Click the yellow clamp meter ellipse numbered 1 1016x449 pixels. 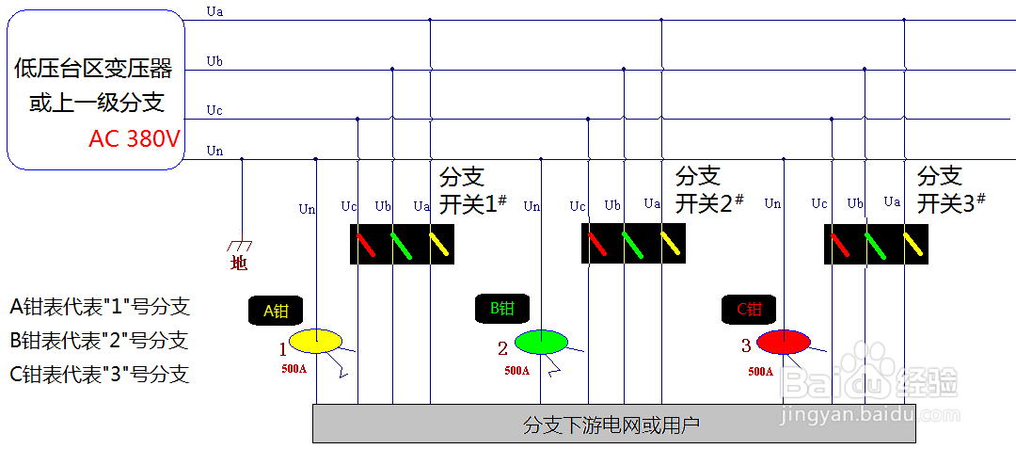click(x=316, y=340)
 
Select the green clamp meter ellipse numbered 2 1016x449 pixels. click(x=541, y=341)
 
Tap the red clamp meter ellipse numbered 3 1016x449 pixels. click(x=784, y=341)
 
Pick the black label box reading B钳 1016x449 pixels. click(x=501, y=308)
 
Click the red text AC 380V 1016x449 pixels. click(x=135, y=139)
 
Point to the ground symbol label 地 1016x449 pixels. click(x=239, y=265)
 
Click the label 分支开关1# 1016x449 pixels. click(x=472, y=189)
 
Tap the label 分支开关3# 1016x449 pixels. click(x=950, y=189)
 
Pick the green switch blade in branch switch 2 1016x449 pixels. click(x=631, y=244)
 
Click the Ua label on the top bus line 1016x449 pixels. click(x=214, y=12)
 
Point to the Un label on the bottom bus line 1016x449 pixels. click(x=214, y=151)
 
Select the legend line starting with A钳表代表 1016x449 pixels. click(x=100, y=306)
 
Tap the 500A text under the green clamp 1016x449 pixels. click(x=516, y=371)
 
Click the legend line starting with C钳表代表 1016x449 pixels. click(x=100, y=375)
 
